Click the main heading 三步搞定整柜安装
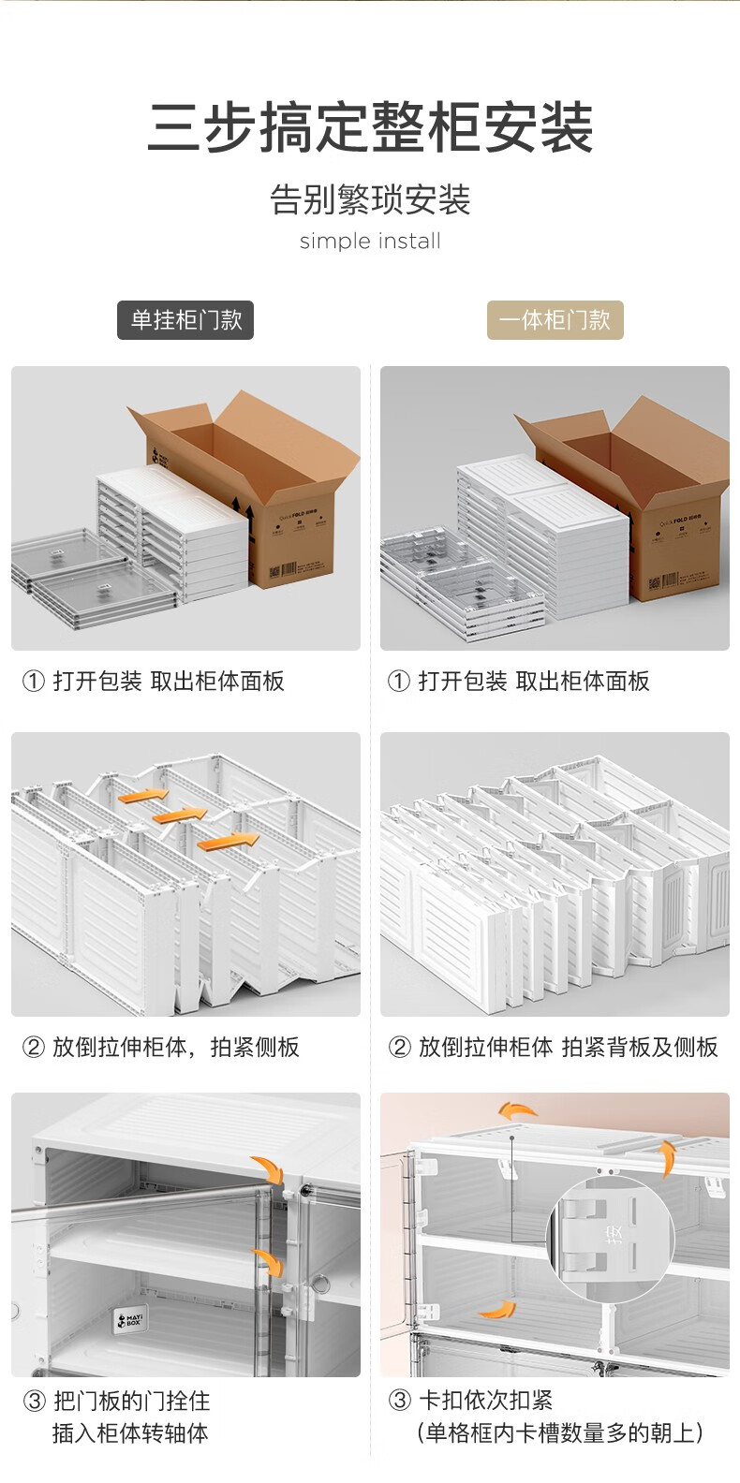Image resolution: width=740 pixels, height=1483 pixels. point(370,127)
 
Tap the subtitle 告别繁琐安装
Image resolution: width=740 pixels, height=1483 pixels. point(370,199)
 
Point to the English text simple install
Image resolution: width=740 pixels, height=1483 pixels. point(370,242)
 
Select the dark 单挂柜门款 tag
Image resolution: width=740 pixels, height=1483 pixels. point(185,320)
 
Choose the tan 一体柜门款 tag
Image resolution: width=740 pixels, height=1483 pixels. point(555,320)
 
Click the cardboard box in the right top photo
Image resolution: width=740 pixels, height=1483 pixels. point(656,496)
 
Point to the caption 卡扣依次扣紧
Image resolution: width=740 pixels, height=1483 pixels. point(485,1401)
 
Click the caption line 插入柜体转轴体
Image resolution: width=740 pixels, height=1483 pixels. point(130,1432)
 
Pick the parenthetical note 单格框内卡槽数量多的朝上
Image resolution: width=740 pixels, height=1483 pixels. point(560,1432)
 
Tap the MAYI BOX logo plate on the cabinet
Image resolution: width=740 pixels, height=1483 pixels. point(127,1322)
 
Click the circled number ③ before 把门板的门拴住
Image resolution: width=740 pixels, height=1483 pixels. point(34,1402)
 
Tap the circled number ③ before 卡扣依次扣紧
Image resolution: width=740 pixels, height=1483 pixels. point(399,1401)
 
